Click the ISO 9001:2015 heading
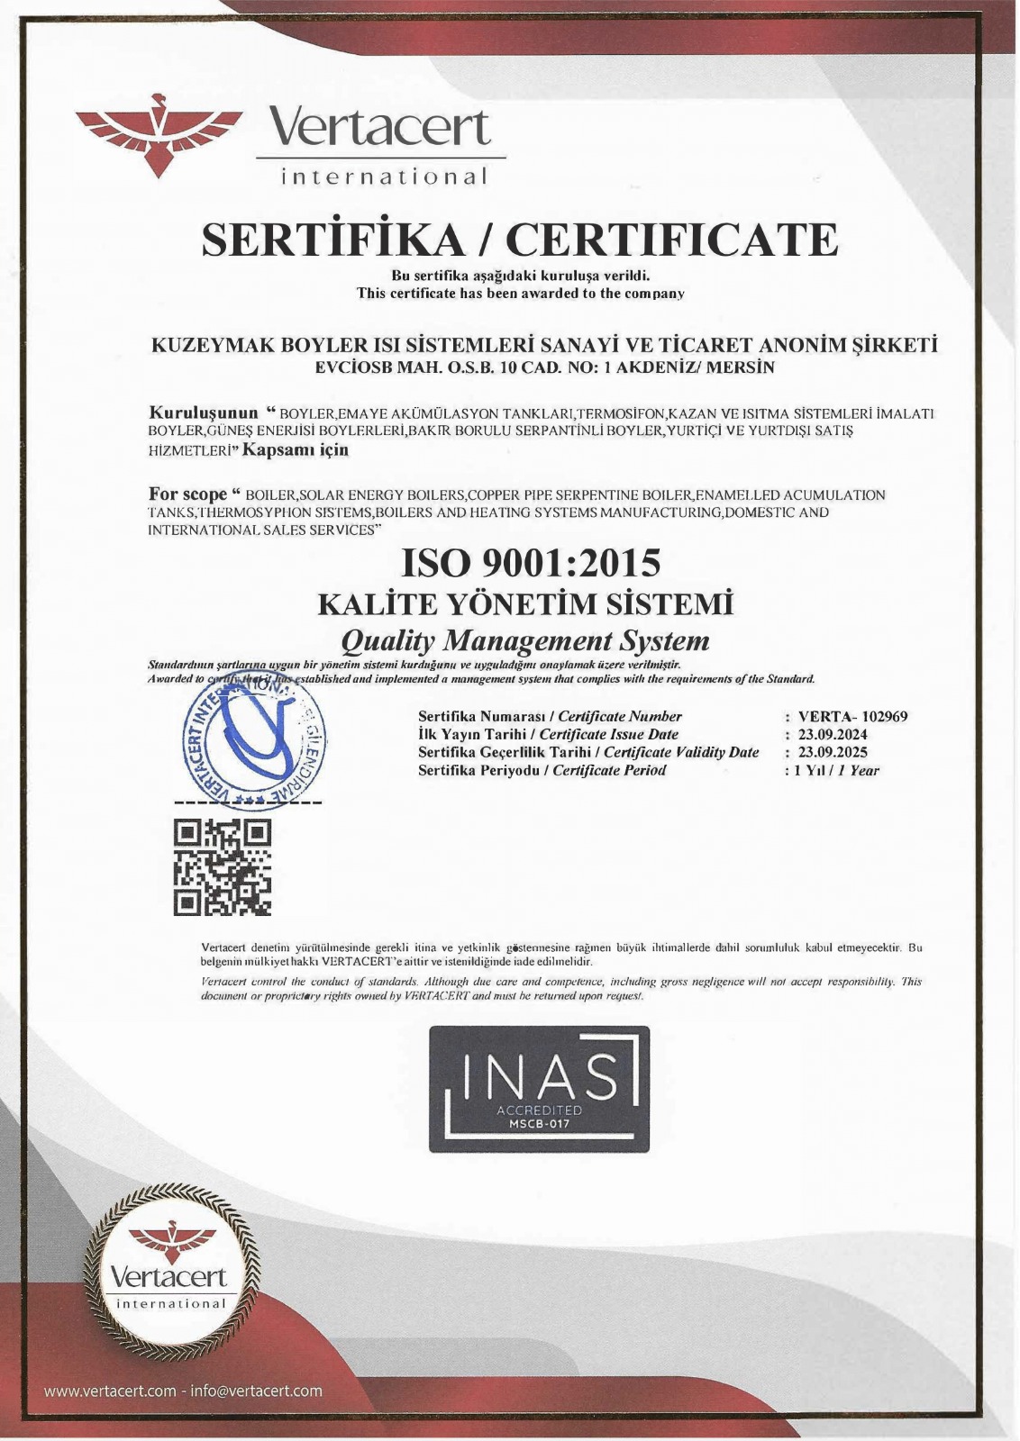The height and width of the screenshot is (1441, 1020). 531,563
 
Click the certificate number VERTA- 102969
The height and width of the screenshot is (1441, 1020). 852,717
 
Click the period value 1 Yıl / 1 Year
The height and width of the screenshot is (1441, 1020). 836,770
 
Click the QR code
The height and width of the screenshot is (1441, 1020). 222,866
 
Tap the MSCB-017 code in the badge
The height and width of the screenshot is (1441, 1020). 540,1123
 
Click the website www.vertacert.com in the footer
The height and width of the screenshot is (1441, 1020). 110,1391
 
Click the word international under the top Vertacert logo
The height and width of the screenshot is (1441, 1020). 385,176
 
